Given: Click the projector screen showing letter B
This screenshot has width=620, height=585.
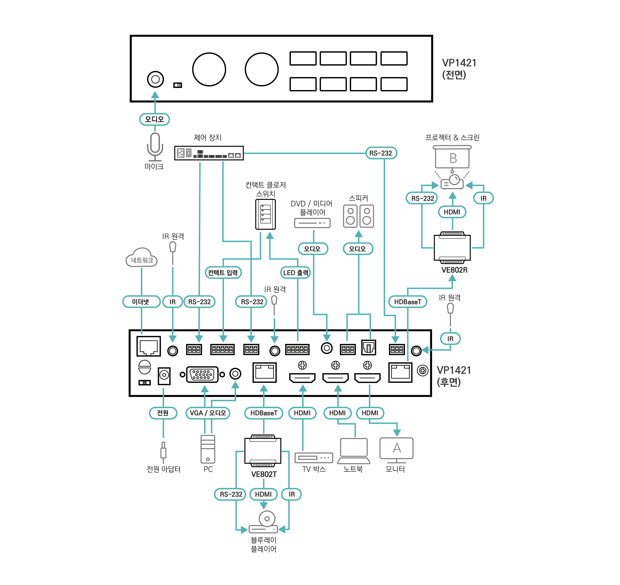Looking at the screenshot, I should point(453,158).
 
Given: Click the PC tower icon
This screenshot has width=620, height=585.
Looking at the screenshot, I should point(208,449).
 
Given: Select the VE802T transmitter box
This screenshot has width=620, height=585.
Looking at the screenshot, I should point(263,451).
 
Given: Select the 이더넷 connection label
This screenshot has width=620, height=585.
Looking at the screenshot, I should point(141,302).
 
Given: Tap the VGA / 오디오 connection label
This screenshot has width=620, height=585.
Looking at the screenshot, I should point(208,413).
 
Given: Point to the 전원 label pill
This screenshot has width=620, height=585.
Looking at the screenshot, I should point(163,413).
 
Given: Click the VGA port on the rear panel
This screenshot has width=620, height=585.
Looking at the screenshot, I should point(202,374).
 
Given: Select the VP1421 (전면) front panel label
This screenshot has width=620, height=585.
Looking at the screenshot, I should point(459,69).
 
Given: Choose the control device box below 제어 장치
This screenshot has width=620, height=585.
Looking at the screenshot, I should point(209,153).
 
